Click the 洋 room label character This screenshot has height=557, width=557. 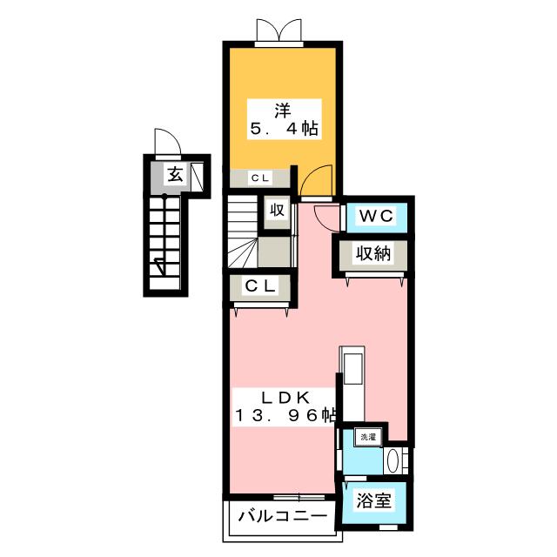282,111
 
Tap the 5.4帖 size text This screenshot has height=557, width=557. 285,128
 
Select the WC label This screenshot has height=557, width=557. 376,216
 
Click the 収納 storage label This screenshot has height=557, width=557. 373,253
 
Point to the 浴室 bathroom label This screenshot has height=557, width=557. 373,501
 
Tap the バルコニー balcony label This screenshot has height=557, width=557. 283,516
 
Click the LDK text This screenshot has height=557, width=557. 285,398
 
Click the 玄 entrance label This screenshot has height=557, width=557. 175,174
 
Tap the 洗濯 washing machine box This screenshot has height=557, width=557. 368,437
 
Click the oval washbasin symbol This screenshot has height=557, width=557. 393,461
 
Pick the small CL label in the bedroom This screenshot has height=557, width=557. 260,178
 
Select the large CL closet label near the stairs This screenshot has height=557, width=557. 260,285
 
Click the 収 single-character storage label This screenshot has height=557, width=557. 277,211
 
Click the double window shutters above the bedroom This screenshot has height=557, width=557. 279,30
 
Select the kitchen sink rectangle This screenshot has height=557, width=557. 352,368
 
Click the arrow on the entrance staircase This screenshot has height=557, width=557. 160,267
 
